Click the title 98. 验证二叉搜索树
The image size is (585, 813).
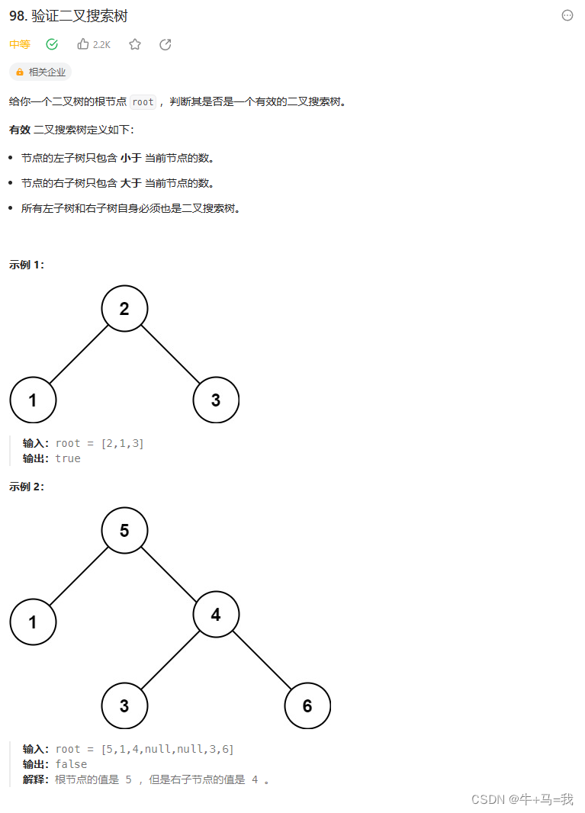click(69, 16)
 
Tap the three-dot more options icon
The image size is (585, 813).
click(567, 15)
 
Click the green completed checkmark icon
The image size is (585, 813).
click(52, 44)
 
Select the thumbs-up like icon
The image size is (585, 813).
click(83, 44)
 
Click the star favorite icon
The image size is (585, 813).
click(135, 44)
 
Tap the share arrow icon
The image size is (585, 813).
click(166, 44)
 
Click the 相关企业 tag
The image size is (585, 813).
click(40, 72)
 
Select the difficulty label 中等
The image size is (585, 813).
click(20, 44)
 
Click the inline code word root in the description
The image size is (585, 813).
click(143, 101)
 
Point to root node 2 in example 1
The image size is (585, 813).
click(124, 309)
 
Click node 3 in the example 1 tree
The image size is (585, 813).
click(216, 400)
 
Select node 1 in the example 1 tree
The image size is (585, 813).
click(33, 400)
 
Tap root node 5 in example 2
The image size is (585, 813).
click(124, 530)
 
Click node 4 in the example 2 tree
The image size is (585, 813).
click(216, 614)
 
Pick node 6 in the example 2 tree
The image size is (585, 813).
click(307, 705)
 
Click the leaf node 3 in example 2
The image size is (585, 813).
click(124, 705)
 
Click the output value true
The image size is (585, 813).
click(68, 458)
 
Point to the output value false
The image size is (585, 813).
click(71, 764)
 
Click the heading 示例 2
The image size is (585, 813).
click(27, 487)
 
